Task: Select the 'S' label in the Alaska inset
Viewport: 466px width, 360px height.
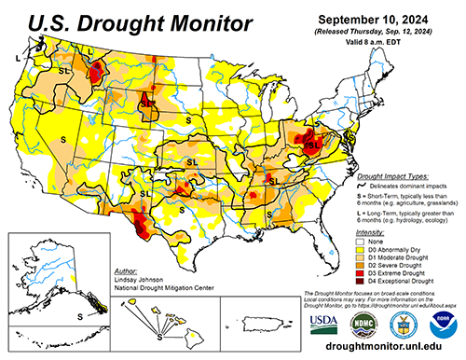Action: (80, 316)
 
